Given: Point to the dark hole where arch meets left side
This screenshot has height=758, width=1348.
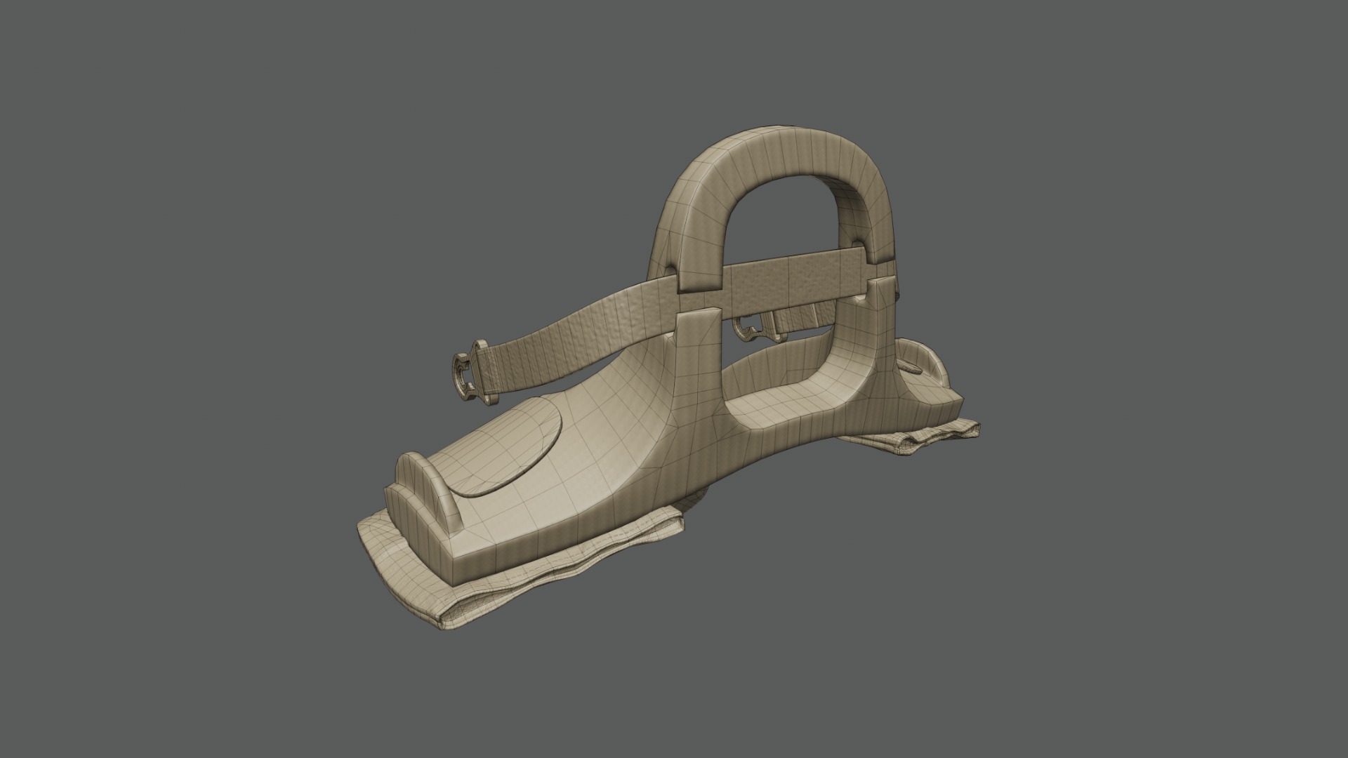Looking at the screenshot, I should click(666, 271).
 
